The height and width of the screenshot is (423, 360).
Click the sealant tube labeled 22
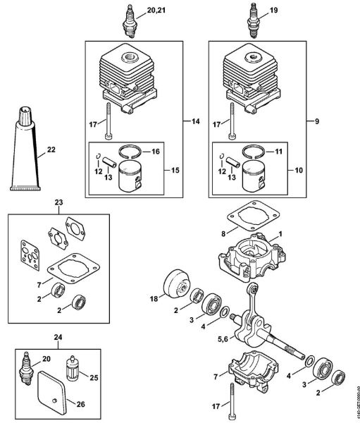(x=27, y=150)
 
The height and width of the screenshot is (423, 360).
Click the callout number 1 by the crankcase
(x=280, y=233)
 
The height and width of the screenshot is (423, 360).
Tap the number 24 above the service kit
(x=58, y=337)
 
